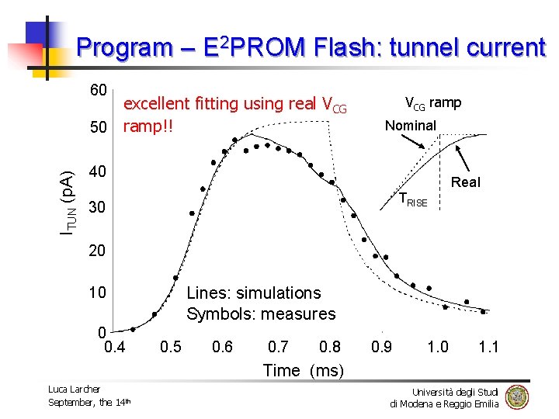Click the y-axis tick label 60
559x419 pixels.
click(98, 90)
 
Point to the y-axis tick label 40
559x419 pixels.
click(98, 171)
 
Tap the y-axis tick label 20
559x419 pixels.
click(98, 251)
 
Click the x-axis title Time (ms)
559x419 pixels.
click(303, 370)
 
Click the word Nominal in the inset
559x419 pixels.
click(411, 125)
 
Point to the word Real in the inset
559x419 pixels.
click(466, 182)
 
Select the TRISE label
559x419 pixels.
click(411, 200)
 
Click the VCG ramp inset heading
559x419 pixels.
click(432, 102)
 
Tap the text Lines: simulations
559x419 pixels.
click(253, 293)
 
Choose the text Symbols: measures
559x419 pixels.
click(261, 313)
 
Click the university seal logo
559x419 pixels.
click(516, 397)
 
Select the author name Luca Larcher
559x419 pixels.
click(75, 389)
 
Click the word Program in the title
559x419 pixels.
click(125, 48)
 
